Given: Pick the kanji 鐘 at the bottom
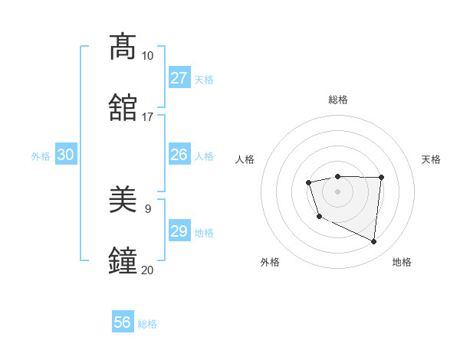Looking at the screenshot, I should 123,260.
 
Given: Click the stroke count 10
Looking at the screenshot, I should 148,56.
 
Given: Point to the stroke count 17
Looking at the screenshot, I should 148,117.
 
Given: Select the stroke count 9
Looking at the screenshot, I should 148,208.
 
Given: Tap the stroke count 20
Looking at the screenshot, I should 148,270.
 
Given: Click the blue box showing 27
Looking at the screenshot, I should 179,78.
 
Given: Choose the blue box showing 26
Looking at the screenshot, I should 179,155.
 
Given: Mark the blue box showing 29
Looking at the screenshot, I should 179,231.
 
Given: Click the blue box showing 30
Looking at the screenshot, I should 66,155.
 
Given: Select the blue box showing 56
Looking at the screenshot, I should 123,322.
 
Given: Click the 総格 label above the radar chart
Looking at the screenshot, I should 337,100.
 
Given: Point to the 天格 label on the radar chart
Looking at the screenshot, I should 431,159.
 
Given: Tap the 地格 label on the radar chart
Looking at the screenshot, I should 402,262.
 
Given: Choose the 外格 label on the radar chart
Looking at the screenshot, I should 270,262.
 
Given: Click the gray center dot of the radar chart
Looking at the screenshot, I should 337,191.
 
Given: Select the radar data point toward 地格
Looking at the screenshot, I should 374,241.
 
